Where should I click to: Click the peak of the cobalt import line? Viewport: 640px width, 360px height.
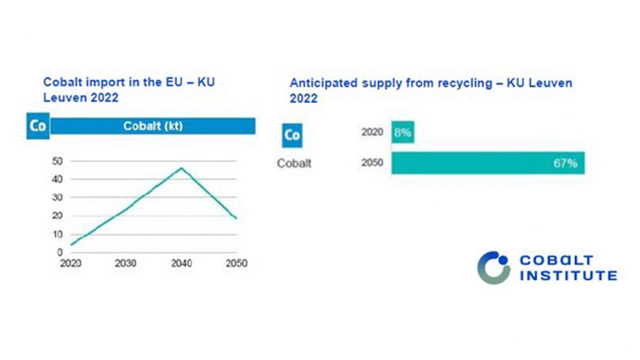[181, 168]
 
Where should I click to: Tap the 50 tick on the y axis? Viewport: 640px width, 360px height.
[58, 161]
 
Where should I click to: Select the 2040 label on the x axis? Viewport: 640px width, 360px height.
[181, 264]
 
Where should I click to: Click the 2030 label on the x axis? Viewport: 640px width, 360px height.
[125, 264]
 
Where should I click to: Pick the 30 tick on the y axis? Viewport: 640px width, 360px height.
[58, 197]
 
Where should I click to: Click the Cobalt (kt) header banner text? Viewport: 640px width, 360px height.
[153, 126]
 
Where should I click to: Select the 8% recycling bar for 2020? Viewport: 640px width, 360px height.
[403, 132]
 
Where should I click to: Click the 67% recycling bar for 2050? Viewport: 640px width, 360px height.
[487, 163]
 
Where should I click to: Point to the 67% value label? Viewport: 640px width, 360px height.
[565, 163]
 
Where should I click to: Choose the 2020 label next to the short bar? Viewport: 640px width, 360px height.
[372, 132]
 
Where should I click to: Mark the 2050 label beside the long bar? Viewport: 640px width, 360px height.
[372, 163]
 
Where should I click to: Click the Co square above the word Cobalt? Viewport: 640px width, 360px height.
[292, 135]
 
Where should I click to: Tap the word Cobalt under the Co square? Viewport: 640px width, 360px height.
[294, 163]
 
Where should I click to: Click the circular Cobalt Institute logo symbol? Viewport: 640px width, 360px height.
[493, 267]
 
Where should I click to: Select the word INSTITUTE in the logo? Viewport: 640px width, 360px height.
[568, 276]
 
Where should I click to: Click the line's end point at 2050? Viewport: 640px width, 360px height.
[236, 218]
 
